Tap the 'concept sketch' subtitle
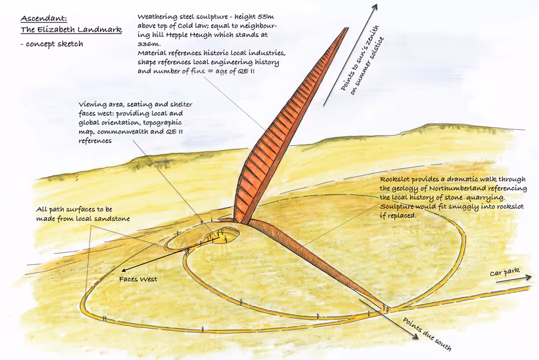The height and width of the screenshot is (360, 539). [54, 44]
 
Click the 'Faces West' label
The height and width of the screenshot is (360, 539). [138, 279]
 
